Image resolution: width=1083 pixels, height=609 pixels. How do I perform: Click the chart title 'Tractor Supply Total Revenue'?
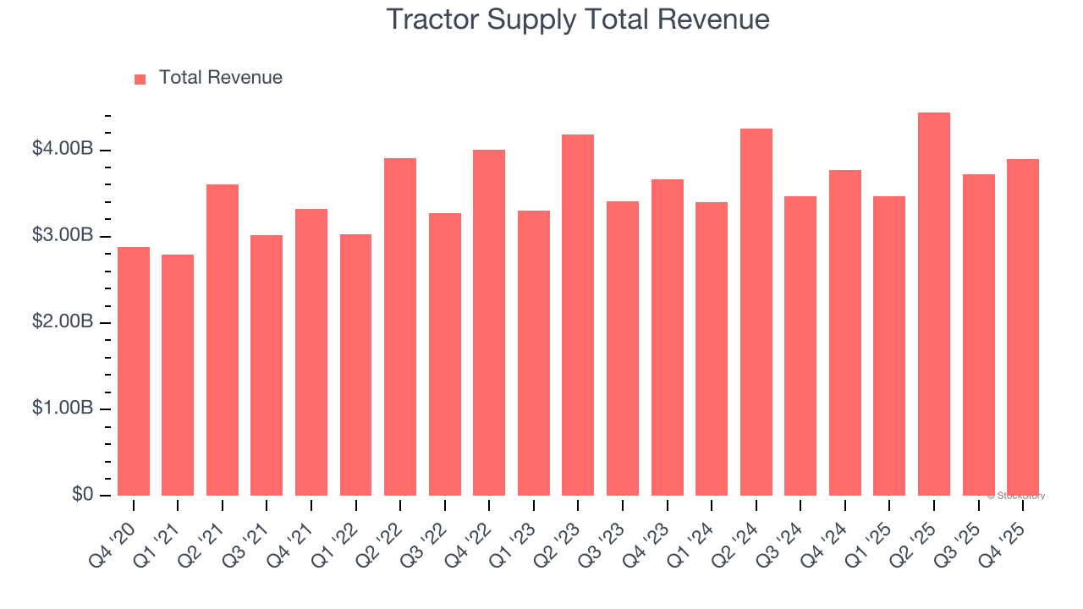(578, 19)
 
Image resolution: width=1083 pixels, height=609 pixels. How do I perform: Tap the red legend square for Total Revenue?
(140, 79)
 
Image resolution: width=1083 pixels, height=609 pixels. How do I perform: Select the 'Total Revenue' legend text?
(220, 78)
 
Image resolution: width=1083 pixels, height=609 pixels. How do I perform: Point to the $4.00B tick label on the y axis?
(63, 149)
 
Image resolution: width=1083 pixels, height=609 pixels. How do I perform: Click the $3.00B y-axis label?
(63, 235)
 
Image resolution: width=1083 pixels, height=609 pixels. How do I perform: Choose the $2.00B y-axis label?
(63, 321)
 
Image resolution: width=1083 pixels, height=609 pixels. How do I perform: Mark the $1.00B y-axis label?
(63, 408)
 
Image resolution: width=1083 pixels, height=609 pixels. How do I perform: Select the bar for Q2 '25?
(934, 304)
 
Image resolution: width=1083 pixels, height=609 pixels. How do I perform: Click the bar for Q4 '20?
(134, 371)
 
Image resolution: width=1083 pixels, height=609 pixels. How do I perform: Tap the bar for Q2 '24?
(756, 312)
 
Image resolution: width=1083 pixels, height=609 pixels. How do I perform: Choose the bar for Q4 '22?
(489, 322)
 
